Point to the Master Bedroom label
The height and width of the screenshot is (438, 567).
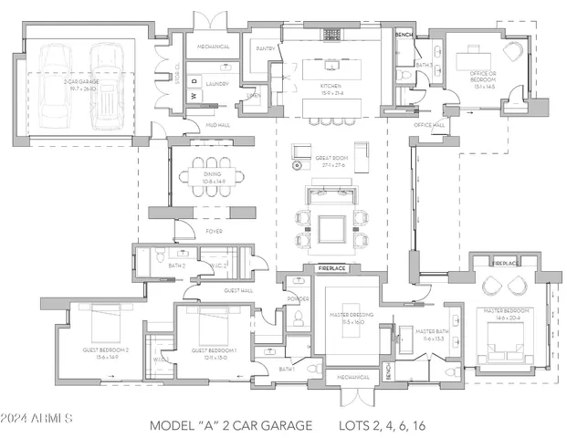click(x=508, y=313)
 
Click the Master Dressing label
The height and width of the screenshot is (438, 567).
click(x=346, y=318)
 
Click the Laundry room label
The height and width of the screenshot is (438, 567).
click(x=216, y=83)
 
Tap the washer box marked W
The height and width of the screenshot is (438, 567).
click(x=194, y=96)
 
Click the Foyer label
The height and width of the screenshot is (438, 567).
click(x=214, y=232)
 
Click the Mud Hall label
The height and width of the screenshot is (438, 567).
click(x=217, y=124)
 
